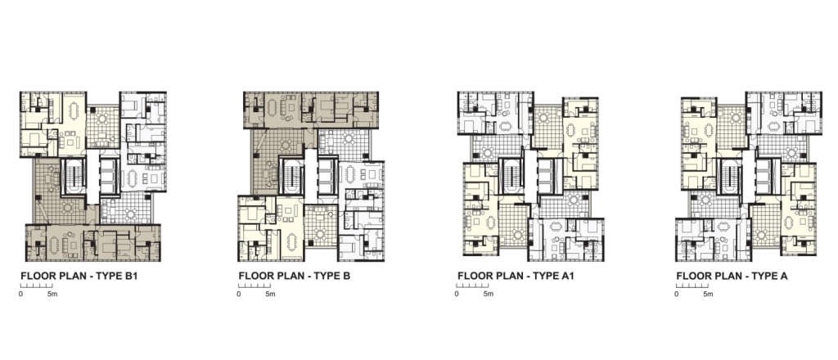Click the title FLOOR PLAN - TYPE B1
79,277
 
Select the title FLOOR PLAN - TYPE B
294,277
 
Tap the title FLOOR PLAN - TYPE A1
516,277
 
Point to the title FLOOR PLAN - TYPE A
732,277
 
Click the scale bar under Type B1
36,286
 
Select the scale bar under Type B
255,286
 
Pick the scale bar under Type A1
472,286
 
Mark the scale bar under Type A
692,286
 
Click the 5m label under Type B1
52,295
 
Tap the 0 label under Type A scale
677,295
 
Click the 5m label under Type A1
489,295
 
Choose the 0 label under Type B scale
239,295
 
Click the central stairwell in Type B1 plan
73,176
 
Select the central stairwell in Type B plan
291,175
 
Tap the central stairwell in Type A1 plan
511,176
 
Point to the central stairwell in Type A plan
730,176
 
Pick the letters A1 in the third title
567,277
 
